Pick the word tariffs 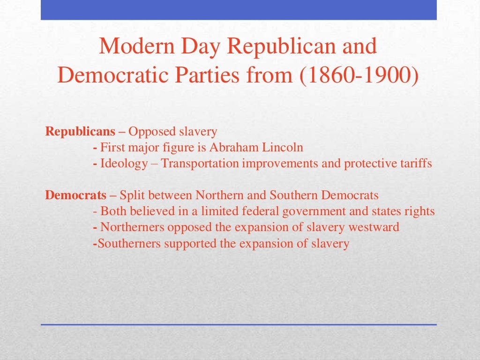(x=415, y=164)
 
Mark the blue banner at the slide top (x=239, y=10)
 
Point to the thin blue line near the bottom (x=239, y=324)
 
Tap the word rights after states (x=420, y=211)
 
